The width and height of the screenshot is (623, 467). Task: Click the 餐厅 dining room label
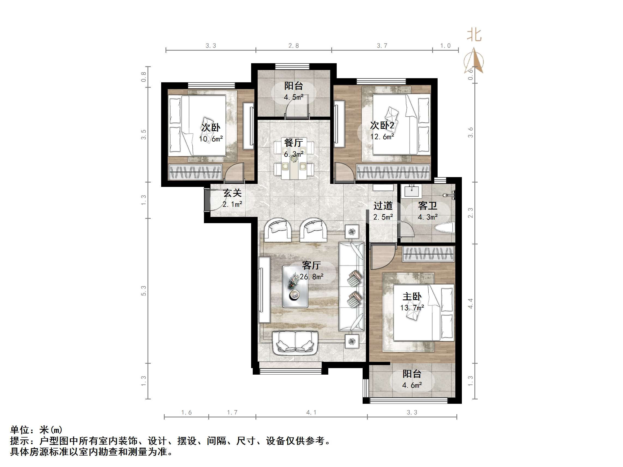pyautogui.click(x=293, y=143)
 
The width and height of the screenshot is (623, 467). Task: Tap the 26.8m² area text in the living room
pyautogui.click(x=311, y=277)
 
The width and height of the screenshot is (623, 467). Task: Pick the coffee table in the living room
pyautogui.click(x=295, y=287)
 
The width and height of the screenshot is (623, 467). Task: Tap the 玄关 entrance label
pyautogui.click(x=232, y=193)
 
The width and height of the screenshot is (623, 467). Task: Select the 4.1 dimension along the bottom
pyautogui.click(x=311, y=413)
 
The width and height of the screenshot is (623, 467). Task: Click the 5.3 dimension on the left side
pyautogui.click(x=144, y=290)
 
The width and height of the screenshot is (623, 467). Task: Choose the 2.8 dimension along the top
pyautogui.click(x=293, y=46)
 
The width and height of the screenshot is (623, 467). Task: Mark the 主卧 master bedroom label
pyautogui.click(x=412, y=296)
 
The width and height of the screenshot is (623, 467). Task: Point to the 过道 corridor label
pyautogui.click(x=383, y=206)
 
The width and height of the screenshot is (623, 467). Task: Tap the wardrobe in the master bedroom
pyautogui.click(x=428, y=254)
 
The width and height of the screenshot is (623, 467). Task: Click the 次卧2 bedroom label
pyautogui.click(x=382, y=125)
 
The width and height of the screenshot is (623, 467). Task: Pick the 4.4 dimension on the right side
pyautogui.click(x=471, y=304)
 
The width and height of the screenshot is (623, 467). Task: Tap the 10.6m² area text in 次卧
pyautogui.click(x=211, y=139)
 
